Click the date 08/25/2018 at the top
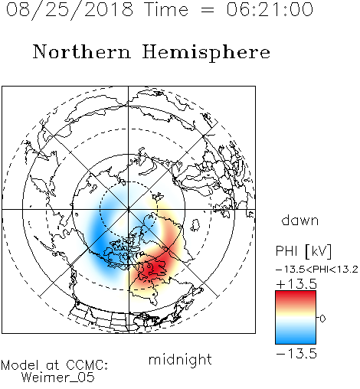70,10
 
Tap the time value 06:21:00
270,9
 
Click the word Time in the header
166,9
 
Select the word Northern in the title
82,51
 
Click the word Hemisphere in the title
206,53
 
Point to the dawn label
300,220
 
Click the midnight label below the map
180,359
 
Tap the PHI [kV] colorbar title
303,251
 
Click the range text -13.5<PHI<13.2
317,270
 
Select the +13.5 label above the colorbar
296,284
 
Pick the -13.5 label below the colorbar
296,354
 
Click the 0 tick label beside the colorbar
322,319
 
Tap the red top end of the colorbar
296,293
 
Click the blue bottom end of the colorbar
296,342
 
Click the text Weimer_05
58,378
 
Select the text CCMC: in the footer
87,365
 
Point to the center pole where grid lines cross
129,209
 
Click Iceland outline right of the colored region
195,225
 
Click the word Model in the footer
20,365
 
